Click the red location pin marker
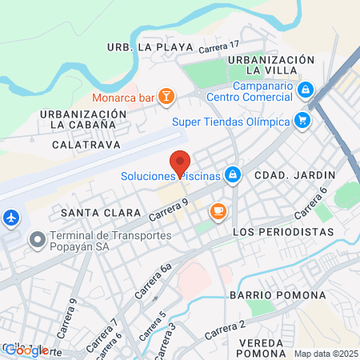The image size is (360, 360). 181,159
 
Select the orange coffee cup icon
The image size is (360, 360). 217,210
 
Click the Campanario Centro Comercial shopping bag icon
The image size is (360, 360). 305,89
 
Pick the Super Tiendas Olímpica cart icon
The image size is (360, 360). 302,121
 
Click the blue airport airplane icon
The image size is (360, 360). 11,217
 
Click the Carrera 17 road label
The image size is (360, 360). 219,48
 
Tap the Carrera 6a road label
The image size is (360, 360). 153,281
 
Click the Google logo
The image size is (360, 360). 26,350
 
